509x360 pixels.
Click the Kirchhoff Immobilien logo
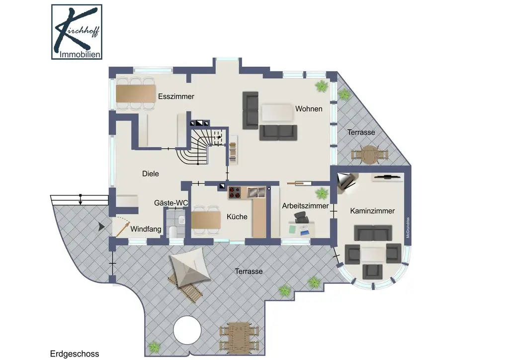click(77, 32)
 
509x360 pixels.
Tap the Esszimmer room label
click(176, 96)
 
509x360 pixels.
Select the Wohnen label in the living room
click(309, 109)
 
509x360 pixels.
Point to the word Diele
click(151, 174)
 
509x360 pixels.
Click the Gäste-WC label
click(171, 203)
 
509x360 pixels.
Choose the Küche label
click(237, 216)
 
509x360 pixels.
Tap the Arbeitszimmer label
click(305, 206)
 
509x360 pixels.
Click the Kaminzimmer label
click(372, 211)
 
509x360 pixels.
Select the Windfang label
click(146, 229)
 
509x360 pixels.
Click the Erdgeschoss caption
click(75, 354)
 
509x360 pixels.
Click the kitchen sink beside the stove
click(256, 192)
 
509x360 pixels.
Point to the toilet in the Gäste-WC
click(172, 231)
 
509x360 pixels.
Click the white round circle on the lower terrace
click(187, 331)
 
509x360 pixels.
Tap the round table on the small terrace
click(369, 155)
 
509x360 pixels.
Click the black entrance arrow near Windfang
click(101, 227)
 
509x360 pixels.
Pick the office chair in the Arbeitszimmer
click(300, 217)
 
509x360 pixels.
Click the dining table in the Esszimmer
click(136, 93)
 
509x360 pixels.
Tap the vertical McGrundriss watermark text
click(408, 228)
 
